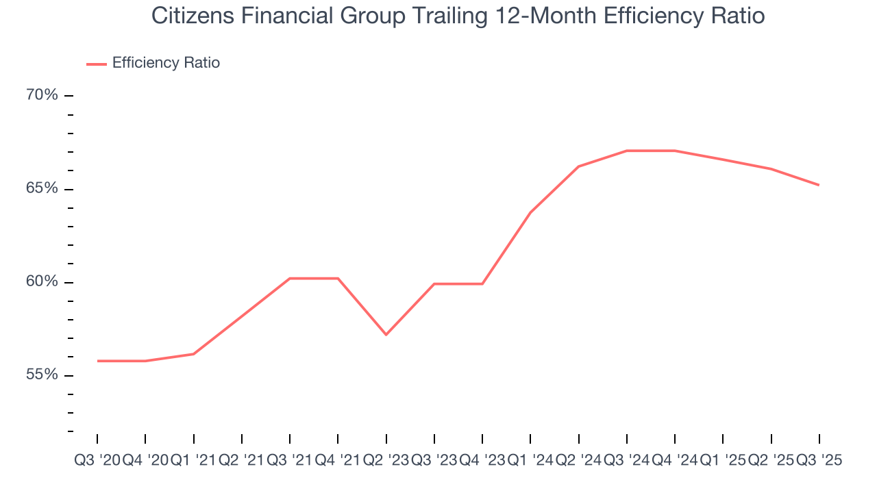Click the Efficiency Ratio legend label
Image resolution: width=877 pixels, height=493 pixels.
pos(166,63)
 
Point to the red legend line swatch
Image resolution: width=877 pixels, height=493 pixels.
pos(96,64)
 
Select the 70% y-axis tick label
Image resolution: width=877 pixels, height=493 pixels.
pos(42,95)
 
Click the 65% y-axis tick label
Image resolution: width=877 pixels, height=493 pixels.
pos(42,188)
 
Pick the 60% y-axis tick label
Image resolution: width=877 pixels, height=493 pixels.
pos(42,282)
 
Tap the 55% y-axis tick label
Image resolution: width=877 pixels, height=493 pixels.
pos(42,375)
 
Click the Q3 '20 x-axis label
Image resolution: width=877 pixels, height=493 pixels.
pos(97,461)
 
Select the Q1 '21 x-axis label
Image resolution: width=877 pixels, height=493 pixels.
pos(193,461)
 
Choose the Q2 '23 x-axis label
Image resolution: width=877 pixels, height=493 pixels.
pos(386,461)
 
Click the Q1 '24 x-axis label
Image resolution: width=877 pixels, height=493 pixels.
pos(530,461)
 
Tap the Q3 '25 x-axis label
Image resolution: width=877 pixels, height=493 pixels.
pos(819,461)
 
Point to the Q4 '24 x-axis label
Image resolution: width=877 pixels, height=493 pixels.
pos(675,461)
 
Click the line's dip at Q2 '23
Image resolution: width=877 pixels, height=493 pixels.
pos(386,334)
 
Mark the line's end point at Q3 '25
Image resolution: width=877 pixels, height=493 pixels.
pos(819,185)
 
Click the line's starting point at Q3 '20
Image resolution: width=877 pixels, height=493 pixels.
pos(97,361)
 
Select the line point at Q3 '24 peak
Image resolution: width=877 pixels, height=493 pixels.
pos(627,151)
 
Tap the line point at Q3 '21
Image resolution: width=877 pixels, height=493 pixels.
pos(290,279)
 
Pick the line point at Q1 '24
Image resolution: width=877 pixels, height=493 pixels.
pos(531,212)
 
